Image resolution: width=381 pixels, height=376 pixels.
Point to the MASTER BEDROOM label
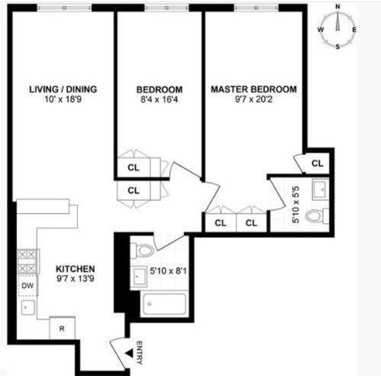pos(253,89)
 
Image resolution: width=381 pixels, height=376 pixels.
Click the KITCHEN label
pos(75,269)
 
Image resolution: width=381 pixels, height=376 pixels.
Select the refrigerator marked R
pos(61,329)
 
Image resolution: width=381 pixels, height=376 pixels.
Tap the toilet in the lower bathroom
pos(142,250)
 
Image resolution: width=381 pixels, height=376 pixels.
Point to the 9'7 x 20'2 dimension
pos(253,99)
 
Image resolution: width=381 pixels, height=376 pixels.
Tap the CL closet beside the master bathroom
pos(317,163)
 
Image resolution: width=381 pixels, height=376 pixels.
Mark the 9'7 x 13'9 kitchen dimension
pos(75,280)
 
